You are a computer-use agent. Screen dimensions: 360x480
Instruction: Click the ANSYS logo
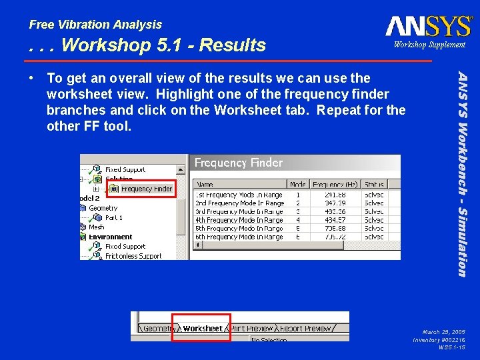(428, 26)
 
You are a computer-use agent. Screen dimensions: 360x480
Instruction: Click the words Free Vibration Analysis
(95, 25)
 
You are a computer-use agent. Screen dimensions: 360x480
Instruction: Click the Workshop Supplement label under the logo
(429, 45)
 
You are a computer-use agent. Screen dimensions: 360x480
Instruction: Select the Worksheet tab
(202, 329)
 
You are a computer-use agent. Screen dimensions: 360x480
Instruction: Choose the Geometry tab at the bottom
(158, 329)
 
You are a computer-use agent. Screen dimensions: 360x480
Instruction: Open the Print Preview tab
(251, 329)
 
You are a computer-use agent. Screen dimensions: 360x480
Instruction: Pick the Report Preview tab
(305, 329)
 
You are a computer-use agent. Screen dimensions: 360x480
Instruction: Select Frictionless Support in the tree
(133, 256)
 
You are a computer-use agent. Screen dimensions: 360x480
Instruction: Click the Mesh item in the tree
(96, 227)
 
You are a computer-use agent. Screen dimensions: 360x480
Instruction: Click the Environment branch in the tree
(110, 237)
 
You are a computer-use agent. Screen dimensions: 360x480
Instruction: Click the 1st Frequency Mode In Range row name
(239, 195)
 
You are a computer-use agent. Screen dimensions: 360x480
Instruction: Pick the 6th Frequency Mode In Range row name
(239, 237)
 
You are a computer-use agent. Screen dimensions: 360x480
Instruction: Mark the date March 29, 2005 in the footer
(443, 331)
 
